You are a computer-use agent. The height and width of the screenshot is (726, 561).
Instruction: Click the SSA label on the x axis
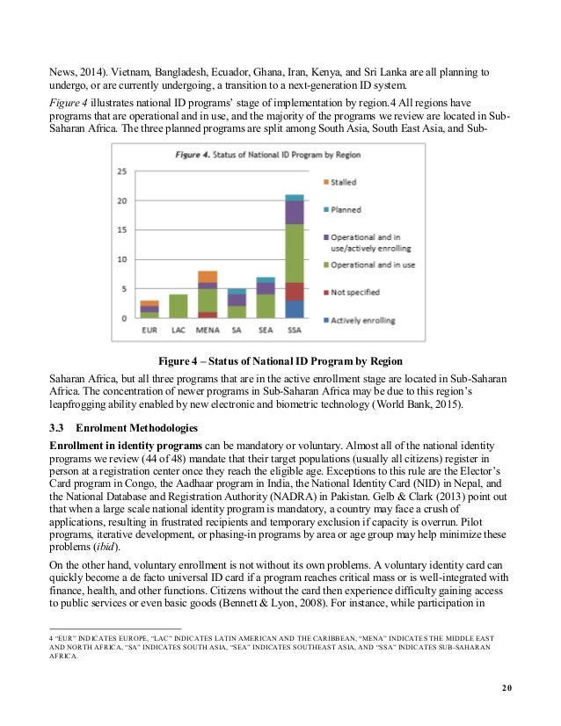pos(294,330)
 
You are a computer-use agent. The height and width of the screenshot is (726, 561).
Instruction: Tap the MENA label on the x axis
pos(208,330)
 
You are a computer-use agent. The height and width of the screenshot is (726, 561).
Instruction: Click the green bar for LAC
pos(178,306)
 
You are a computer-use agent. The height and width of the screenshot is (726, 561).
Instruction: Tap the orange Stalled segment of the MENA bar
pos(208,277)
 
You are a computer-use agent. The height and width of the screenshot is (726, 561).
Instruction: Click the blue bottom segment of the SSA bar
pos(294,309)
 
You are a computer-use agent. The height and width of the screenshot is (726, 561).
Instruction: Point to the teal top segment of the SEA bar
pos(266,280)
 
